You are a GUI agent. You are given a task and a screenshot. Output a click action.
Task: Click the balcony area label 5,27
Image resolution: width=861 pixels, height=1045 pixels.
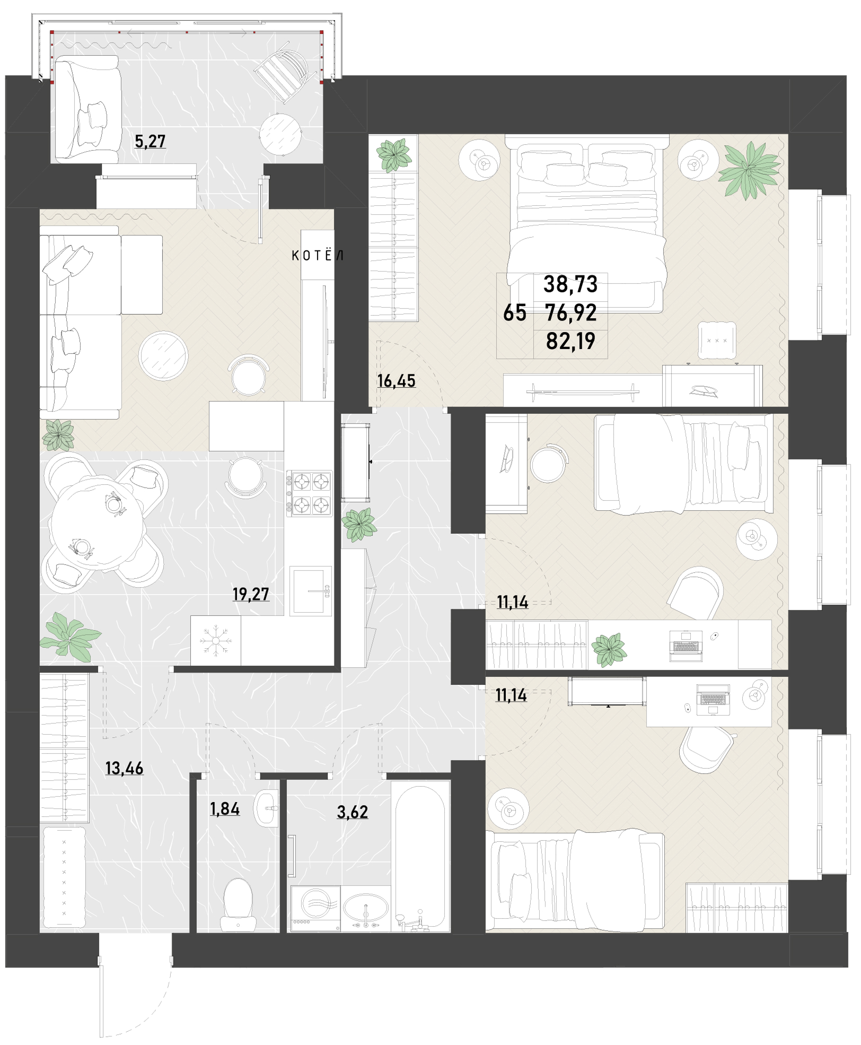150,142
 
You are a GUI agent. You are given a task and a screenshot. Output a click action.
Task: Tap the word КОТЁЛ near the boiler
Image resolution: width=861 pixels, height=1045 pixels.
318,255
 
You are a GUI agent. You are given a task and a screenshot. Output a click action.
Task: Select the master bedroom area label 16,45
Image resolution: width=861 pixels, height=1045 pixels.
396,381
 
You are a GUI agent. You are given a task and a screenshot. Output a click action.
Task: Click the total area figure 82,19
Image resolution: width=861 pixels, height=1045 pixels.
570,341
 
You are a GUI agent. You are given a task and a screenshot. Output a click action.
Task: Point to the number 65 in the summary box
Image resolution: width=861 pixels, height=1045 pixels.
515,313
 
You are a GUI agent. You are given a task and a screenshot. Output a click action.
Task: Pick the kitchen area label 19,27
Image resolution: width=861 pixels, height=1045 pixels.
251,594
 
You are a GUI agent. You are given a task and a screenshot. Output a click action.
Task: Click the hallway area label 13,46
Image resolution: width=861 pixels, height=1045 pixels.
124,768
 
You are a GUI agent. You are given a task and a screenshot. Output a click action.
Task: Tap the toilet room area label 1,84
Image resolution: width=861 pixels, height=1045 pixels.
225,809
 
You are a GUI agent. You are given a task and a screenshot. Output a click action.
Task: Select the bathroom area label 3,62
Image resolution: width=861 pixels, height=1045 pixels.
353,812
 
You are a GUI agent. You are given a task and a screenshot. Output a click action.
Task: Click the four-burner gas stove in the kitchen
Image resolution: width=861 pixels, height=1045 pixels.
309,493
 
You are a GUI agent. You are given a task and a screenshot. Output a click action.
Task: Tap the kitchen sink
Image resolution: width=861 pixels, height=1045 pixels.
311,591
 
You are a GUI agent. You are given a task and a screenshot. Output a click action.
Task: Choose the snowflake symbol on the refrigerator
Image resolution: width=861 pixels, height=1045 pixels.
216,640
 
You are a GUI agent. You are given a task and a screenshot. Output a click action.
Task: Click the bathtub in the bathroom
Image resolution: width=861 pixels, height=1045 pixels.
420,857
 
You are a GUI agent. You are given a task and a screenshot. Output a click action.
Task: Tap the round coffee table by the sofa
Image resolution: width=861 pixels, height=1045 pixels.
163,356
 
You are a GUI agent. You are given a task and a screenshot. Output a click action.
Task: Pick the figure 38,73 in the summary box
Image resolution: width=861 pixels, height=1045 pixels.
570,284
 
